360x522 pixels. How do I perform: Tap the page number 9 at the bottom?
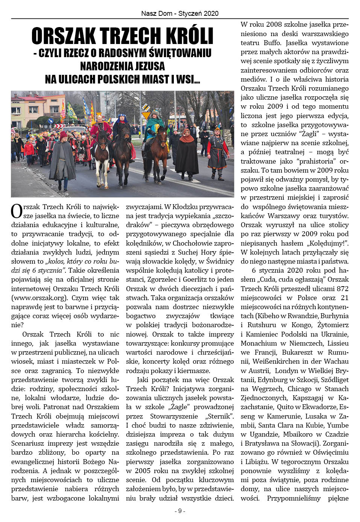[x=180, y=511]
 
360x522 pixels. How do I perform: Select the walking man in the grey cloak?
[x=63, y=158]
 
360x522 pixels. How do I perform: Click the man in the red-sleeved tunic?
[x=217, y=149]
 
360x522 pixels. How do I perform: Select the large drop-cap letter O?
[x=16, y=211]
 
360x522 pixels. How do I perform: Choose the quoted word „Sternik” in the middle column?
[x=220, y=416]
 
